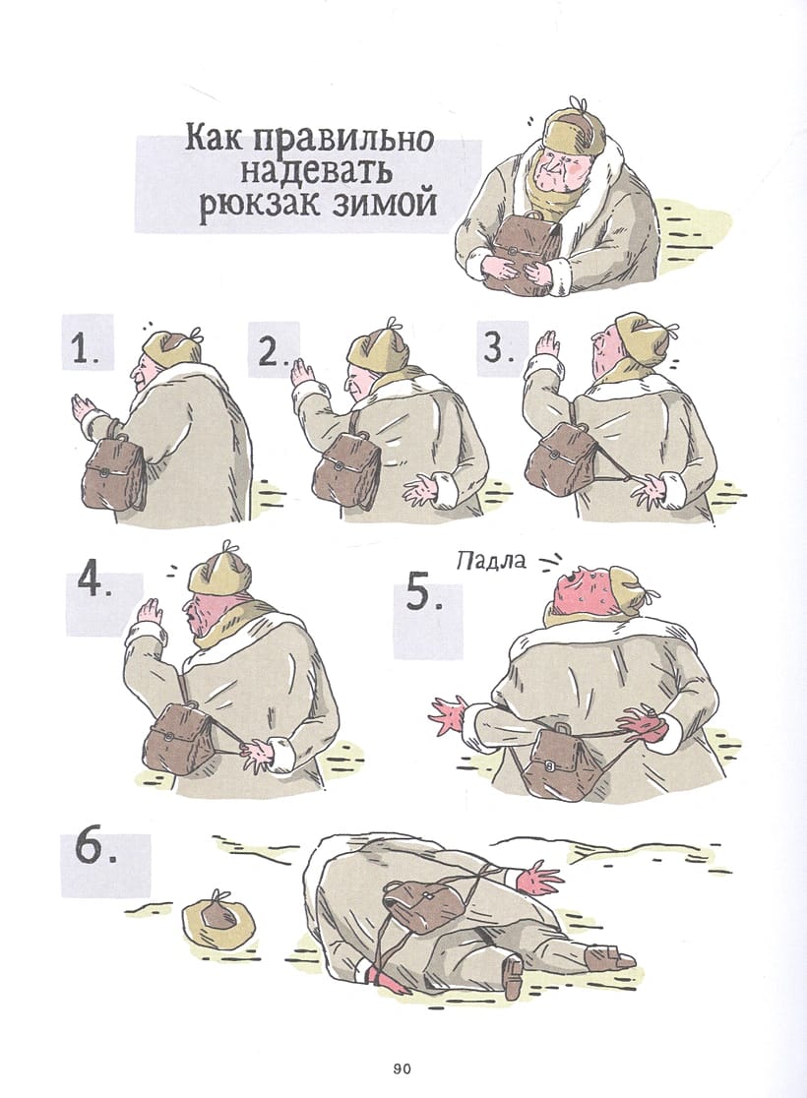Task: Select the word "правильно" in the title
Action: (x=338, y=140)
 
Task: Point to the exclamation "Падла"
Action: (x=490, y=560)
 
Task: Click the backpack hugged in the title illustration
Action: (x=523, y=251)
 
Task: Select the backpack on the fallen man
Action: (x=419, y=904)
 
